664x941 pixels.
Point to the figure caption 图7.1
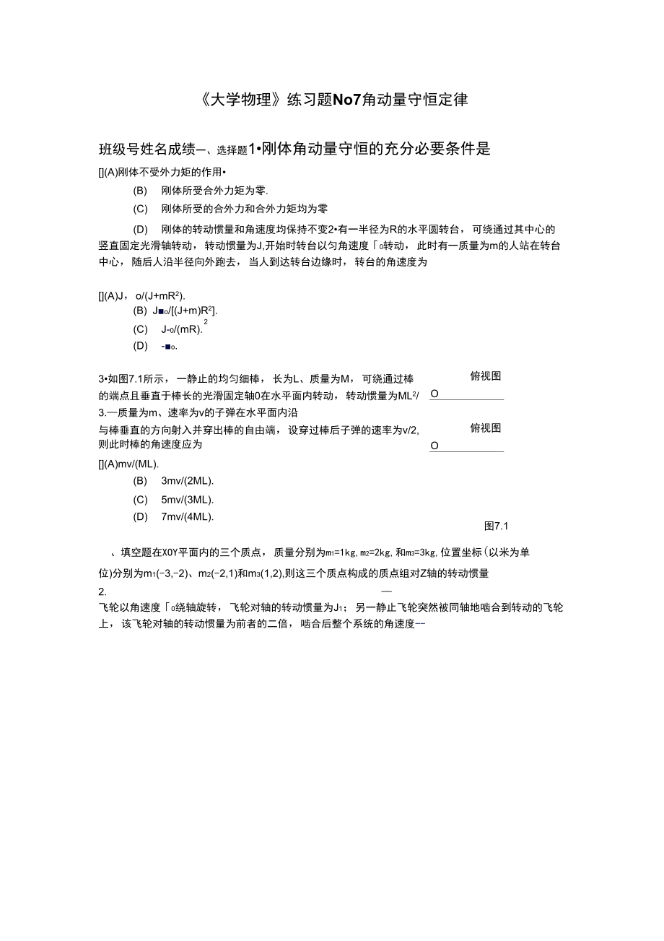pyautogui.click(x=497, y=526)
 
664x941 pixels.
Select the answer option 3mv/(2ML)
pyautogui.click(x=188, y=481)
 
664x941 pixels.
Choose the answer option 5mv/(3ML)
pyautogui.click(x=188, y=500)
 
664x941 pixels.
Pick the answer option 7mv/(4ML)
pyautogui.click(x=188, y=516)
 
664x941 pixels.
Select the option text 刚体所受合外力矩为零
pyautogui.click(x=215, y=191)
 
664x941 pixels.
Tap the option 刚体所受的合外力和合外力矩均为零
pyautogui.click(x=245, y=209)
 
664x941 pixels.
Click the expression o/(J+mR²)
pyautogui.click(x=160, y=295)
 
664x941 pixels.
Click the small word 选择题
pyautogui.click(x=232, y=150)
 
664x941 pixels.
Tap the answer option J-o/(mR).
pyautogui.click(x=182, y=329)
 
